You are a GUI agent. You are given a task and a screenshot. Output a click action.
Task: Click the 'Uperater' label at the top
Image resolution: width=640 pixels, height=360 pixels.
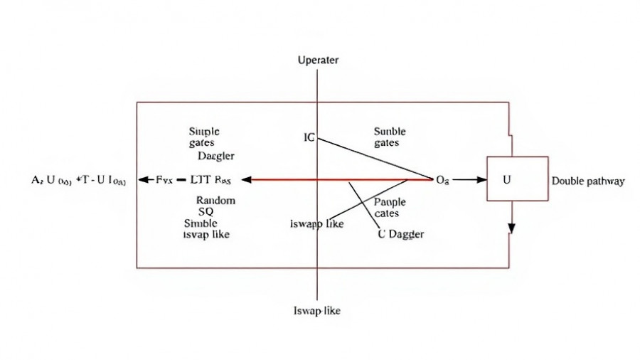[317, 60]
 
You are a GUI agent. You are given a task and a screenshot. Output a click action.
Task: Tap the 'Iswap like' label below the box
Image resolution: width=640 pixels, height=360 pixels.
[317, 311]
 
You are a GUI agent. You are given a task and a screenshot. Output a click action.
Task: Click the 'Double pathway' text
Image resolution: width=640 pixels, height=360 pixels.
[588, 181]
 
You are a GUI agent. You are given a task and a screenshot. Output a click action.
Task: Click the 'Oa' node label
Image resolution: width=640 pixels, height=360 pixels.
[442, 181]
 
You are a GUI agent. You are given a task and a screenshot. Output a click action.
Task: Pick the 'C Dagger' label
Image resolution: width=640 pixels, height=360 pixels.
[401, 235]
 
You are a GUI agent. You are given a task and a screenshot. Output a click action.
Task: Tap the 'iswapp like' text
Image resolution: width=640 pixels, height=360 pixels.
[317, 224]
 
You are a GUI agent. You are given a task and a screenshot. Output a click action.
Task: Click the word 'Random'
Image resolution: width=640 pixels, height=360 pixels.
[215, 201]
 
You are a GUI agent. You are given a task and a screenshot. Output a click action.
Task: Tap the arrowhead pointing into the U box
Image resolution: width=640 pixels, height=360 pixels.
[481, 180]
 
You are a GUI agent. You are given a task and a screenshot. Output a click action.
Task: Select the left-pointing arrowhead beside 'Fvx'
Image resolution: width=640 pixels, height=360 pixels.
[143, 180]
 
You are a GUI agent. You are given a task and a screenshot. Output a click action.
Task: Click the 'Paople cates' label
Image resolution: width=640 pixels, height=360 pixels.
[388, 208]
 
